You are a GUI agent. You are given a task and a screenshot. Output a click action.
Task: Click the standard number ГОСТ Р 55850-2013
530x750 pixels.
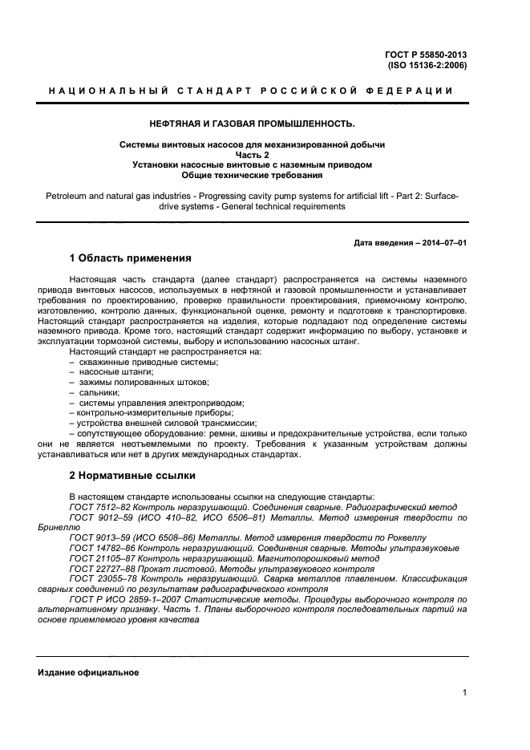[427, 55]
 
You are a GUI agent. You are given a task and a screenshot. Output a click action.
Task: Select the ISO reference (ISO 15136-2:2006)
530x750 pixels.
[427, 65]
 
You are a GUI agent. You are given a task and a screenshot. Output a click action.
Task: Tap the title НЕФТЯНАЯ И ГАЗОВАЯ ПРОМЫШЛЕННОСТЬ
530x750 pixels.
[248, 124]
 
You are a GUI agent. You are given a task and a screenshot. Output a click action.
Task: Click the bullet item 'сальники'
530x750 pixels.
[99, 392]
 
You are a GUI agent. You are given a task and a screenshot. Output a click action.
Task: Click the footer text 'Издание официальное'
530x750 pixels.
[89, 672]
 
